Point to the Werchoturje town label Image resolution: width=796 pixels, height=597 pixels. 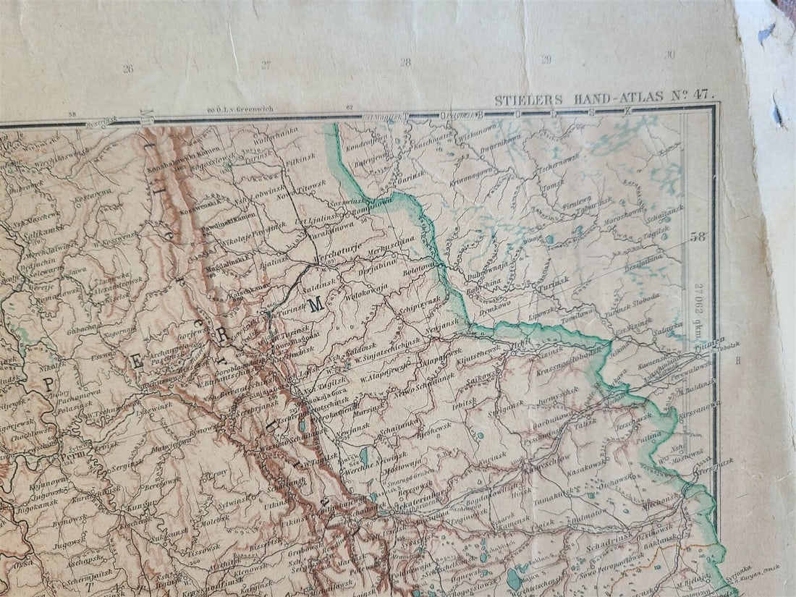click(x=336, y=258)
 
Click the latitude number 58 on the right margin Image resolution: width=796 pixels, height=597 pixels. click(x=698, y=236)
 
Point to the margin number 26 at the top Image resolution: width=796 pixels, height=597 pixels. click(x=128, y=69)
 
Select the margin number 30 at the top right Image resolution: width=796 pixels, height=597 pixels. click(x=669, y=54)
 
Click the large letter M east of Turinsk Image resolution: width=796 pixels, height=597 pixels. click(x=315, y=306)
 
